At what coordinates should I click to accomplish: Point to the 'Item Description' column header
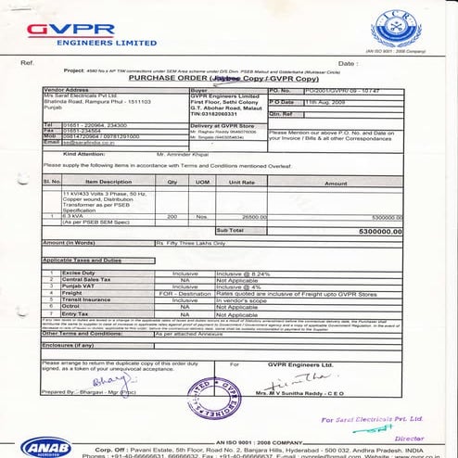click(x=108, y=183)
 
